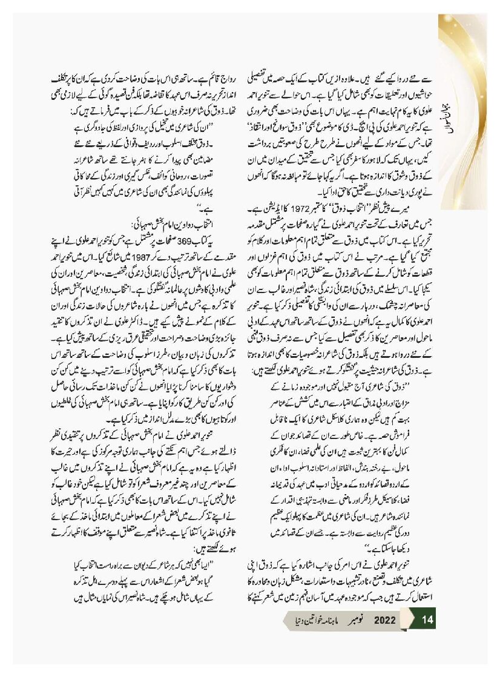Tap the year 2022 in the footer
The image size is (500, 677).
point(385,620)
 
